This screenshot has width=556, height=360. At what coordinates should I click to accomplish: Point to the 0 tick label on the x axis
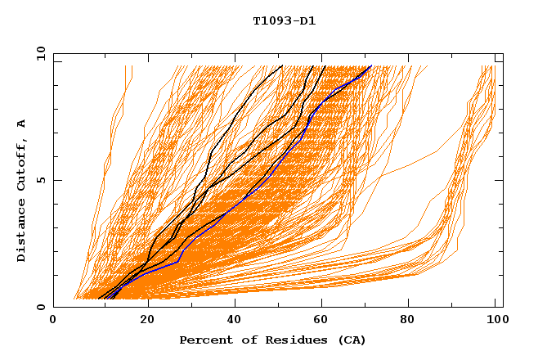click(53, 321)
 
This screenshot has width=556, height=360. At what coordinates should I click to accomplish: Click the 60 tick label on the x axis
click(324, 321)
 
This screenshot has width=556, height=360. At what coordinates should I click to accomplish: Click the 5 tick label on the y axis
click(39, 180)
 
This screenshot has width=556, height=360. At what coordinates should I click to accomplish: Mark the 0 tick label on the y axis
click(39, 307)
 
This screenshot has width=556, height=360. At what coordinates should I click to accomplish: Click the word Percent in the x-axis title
click(203, 340)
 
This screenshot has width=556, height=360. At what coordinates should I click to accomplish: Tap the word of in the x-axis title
click(242, 340)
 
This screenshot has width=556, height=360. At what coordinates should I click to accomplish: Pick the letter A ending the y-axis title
click(21, 124)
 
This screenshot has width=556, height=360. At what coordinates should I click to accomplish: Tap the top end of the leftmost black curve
click(281, 65)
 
